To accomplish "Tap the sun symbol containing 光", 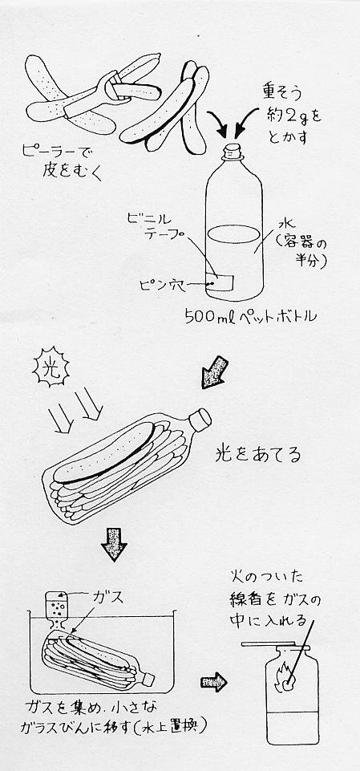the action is [51, 367].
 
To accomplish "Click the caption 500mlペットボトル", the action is [250, 316].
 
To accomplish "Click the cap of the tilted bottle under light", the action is [200, 419].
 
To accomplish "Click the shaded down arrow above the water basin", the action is [113, 544].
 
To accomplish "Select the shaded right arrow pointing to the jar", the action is [214, 681].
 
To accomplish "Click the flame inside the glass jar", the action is [284, 676].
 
